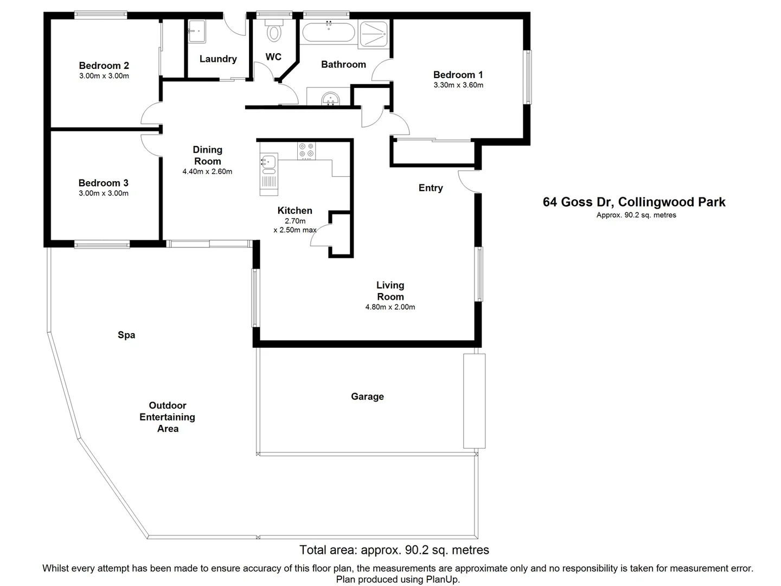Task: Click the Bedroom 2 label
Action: click(x=104, y=66)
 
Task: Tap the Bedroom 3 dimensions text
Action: click(x=104, y=193)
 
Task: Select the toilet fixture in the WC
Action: click(x=274, y=33)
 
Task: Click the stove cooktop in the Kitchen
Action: click(x=306, y=150)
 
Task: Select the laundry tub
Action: click(x=196, y=31)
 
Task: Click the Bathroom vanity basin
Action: click(x=330, y=99)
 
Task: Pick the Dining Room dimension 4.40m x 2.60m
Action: click(x=207, y=171)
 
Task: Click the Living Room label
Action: click(x=390, y=291)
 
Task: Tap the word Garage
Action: click(x=367, y=397)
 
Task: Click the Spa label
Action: click(x=126, y=335)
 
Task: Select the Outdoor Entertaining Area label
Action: click(x=167, y=417)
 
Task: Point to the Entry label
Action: click(x=431, y=188)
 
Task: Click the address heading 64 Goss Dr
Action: click(x=633, y=202)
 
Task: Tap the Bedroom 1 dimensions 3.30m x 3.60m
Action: click(x=458, y=85)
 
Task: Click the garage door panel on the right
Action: click(x=474, y=401)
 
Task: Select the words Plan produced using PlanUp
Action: click(x=398, y=579)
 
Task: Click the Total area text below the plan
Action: click(x=394, y=550)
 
